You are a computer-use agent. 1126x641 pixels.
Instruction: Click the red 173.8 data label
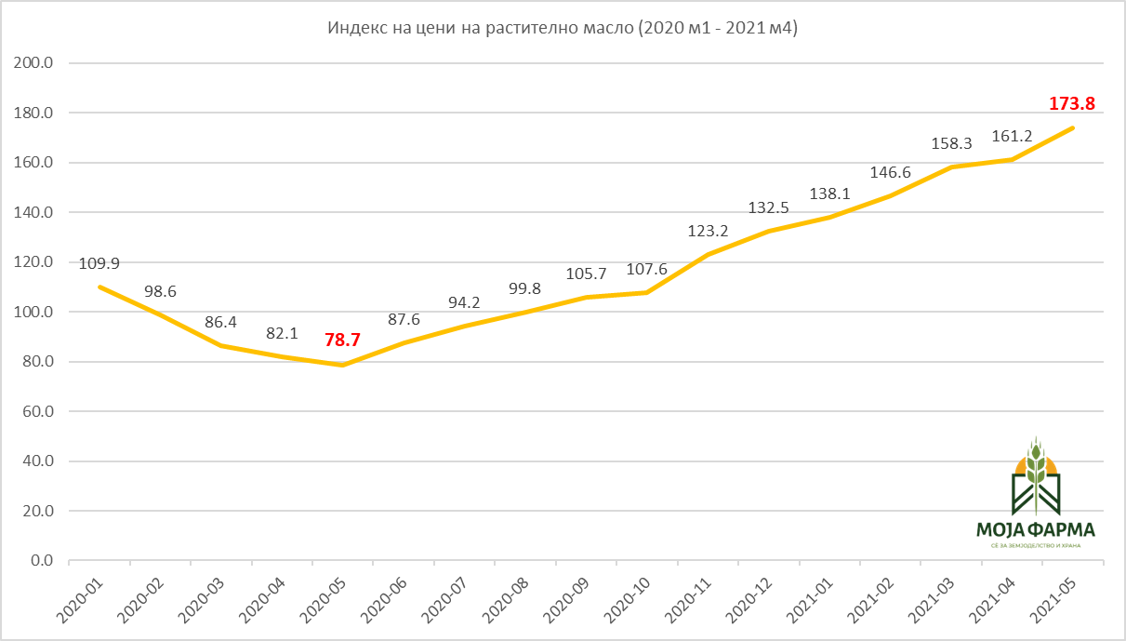pyautogui.click(x=1072, y=103)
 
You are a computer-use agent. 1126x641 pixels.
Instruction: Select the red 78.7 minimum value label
pyautogui.click(x=342, y=341)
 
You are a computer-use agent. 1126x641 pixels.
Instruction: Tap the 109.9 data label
pyautogui.click(x=99, y=263)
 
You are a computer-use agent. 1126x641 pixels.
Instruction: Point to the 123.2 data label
pyautogui.click(x=708, y=231)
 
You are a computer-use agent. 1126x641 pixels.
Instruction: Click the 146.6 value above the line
pyautogui.click(x=890, y=173)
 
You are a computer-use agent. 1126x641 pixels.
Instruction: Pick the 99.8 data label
pyautogui.click(x=524, y=288)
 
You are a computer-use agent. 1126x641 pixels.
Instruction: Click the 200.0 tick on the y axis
pyautogui.click(x=33, y=63)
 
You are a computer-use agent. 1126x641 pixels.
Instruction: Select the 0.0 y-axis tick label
pyautogui.click(x=42, y=560)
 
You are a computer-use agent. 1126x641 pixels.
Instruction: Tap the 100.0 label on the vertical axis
pyautogui.click(x=33, y=312)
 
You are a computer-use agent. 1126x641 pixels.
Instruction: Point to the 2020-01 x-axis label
pyautogui.click(x=80, y=601)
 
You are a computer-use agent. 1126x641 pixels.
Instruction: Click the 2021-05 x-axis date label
pyautogui.click(x=1053, y=601)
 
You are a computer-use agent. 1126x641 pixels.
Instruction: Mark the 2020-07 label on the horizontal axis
pyautogui.click(x=444, y=601)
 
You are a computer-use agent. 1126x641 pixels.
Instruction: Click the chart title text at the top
pyautogui.click(x=563, y=28)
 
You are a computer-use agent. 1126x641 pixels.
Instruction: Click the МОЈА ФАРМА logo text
pyautogui.click(x=1036, y=529)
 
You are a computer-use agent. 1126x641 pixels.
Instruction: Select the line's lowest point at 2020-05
pyautogui.click(x=342, y=365)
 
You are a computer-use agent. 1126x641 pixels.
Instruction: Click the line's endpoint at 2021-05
pyautogui.click(x=1073, y=127)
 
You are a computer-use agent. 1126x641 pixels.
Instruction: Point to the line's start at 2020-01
pyautogui.click(x=100, y=287)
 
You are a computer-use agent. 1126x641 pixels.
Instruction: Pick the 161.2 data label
pyautogui.click(x=1012, y=137)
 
